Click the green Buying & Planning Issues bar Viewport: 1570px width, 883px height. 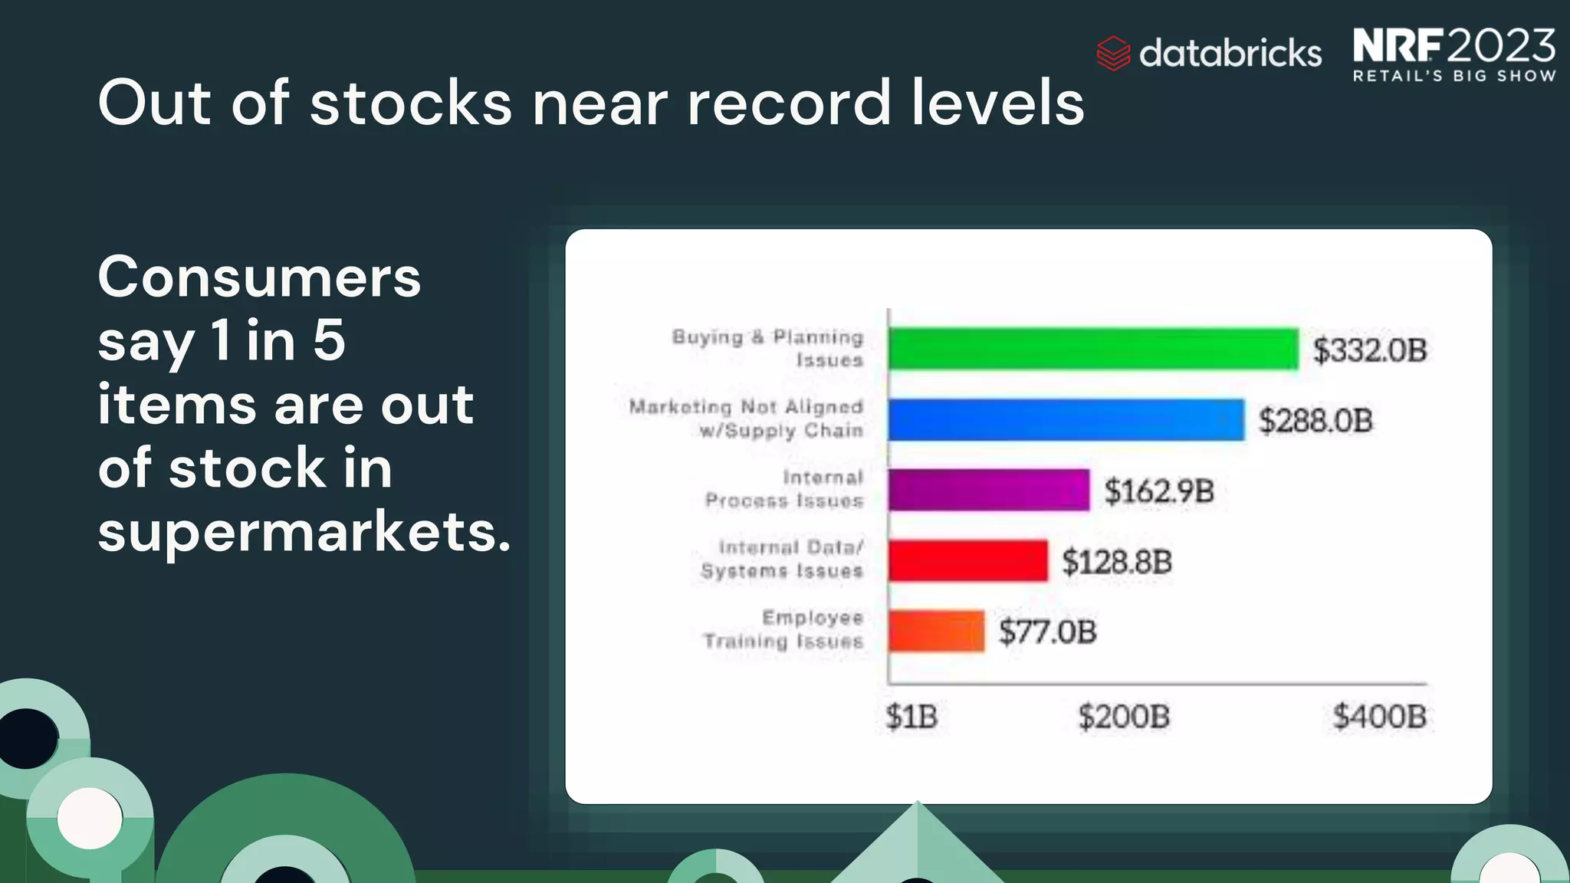tap(1093, 349)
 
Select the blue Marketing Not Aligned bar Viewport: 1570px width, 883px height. tap(1066, 419)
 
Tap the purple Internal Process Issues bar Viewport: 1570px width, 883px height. tap(989, 490)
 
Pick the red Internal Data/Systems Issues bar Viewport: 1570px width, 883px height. tap(967, 560)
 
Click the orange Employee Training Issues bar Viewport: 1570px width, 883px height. tap(936, 631)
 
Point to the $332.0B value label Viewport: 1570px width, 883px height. tap(1370, 350)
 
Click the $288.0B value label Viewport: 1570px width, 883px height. tap(1315, 421)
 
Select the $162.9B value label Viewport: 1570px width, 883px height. tap(1159, 491)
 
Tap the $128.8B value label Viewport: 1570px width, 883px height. tap(1117, 562)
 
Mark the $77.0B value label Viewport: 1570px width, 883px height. tap(1047, 632)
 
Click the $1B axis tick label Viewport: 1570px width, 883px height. tap(911, 717)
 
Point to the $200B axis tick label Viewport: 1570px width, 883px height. tap(1124, 717)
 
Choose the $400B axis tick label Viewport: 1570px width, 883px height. tap(1379, 717)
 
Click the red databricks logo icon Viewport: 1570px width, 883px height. tap(1113, 54)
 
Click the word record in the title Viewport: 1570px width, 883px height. tap(790, 103)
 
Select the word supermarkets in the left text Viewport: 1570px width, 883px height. tap(304, 532)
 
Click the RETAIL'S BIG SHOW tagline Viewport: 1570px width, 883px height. tap(1454, 76)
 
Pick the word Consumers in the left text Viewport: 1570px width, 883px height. tap(259, 277)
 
